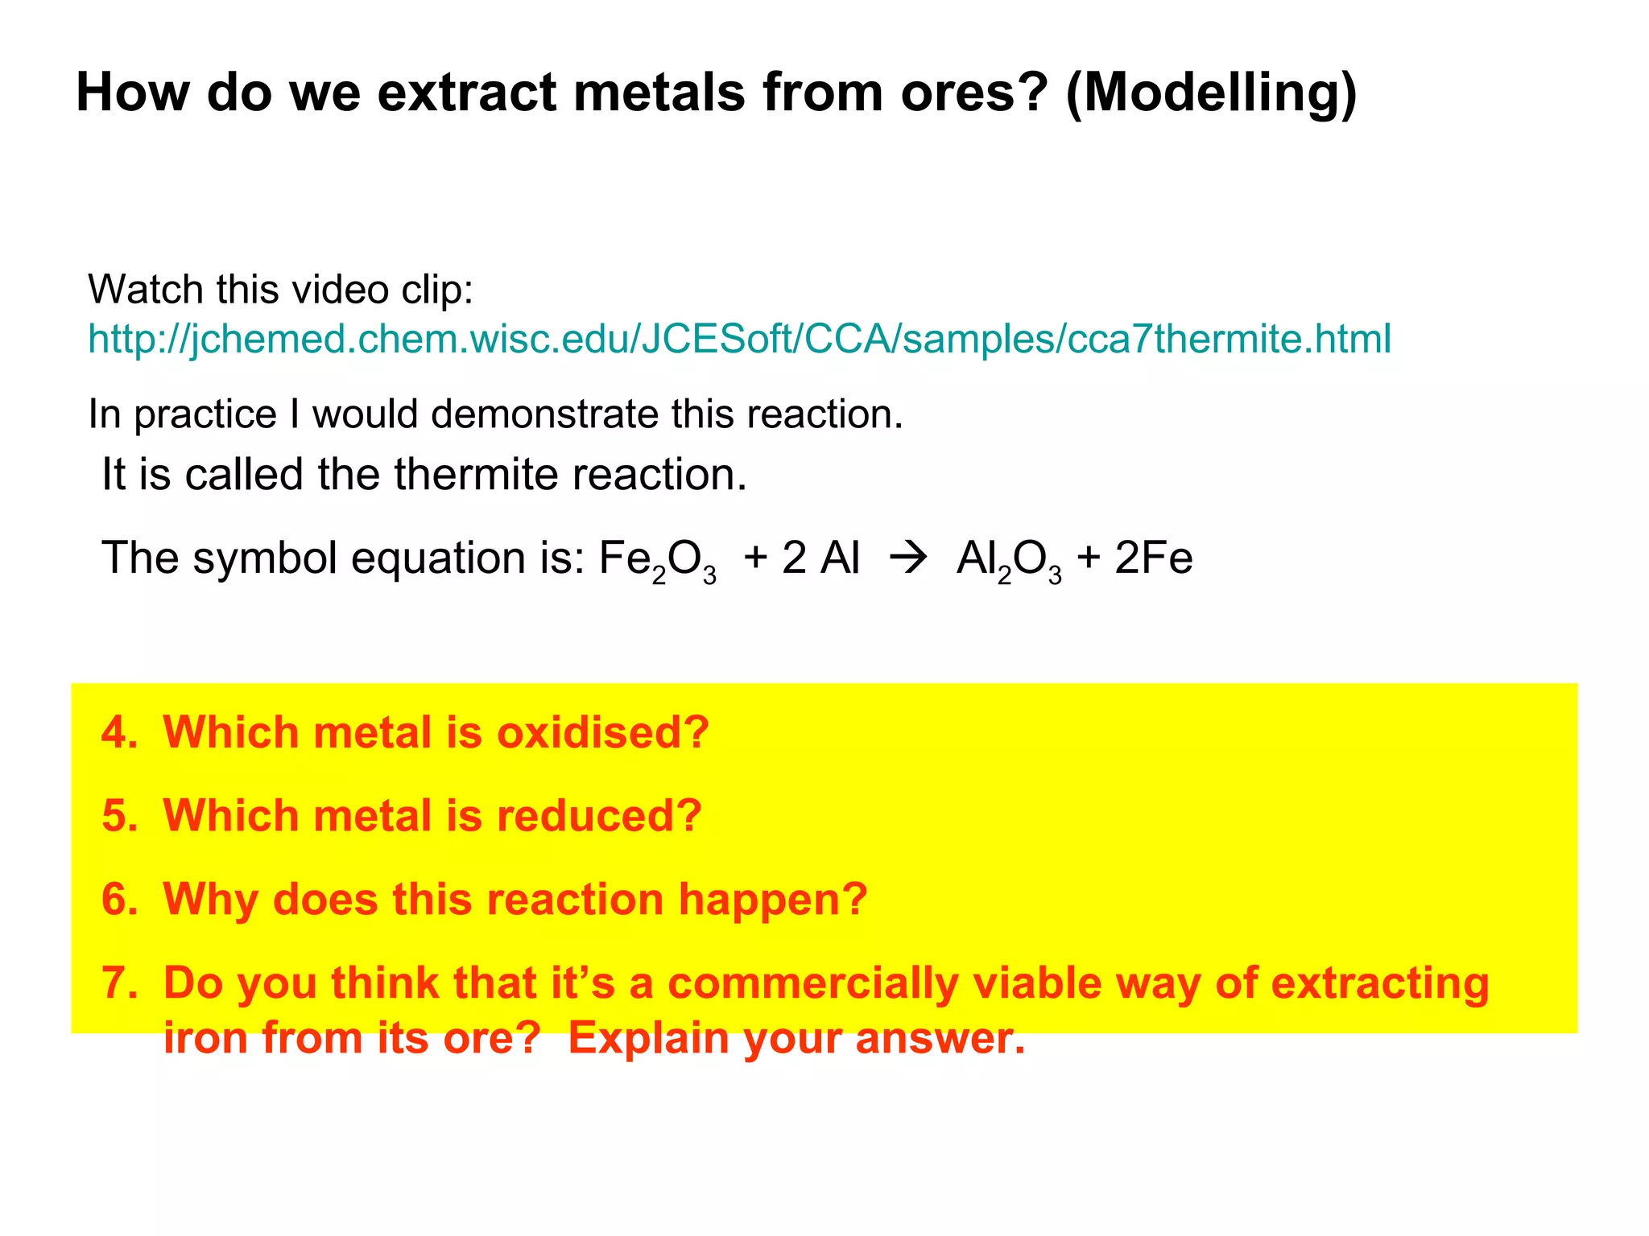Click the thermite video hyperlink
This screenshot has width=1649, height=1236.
point(739,339)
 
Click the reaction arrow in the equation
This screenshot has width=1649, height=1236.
point(908,558)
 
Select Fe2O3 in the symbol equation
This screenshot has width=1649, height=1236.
point(657,559)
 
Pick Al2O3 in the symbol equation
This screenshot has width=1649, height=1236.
point(1009,559)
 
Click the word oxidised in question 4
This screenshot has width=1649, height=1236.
point(602,732)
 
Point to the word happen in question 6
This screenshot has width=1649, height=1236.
point(772,899)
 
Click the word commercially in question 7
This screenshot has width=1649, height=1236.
point(812,983)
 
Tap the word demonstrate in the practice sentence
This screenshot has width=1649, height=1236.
point(544,414)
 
